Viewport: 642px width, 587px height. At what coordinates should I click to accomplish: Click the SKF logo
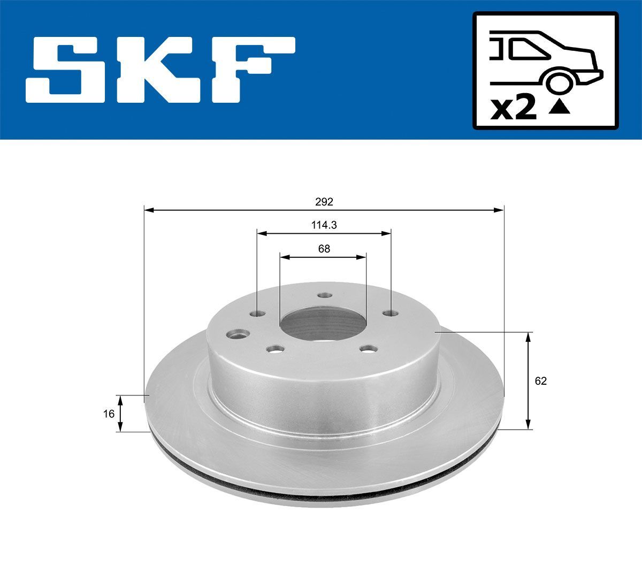pyautogui.click(x=160, y=70)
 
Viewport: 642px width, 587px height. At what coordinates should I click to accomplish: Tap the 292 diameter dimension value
pyautogui.click(x=324, y=202)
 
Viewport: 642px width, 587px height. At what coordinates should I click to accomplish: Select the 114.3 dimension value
pyautogui.click(x=324, y=225)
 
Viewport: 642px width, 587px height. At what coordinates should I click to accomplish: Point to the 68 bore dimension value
pyautogui.click(x=324, y=249)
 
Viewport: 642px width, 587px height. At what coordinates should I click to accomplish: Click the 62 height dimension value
pyautogui.click(x=541, y=381)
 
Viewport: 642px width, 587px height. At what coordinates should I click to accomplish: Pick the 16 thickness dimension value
pyautogui.click(x=109, y=414)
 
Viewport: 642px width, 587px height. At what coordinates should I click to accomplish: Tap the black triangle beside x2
pyautogui.click(x=560, y=108)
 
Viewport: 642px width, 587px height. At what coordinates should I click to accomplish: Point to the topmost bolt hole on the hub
pyautogui.click(x=323, y=295)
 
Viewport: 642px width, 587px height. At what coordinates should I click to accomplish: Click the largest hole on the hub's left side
pyautogui.click(x=236, y=335)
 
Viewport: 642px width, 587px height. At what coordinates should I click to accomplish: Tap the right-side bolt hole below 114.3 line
pyautogui.click(x=392, y=313)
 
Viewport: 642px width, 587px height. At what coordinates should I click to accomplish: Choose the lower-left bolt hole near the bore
pyautogui.click(x=276, y=350)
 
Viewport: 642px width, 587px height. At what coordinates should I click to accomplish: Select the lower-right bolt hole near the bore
pyautogui.click(x=368, y=349)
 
